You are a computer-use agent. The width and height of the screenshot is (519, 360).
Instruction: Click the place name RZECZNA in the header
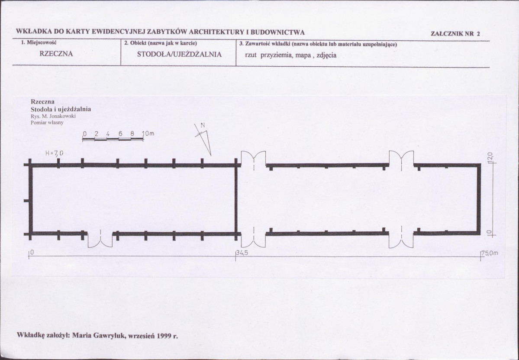pos(56,54)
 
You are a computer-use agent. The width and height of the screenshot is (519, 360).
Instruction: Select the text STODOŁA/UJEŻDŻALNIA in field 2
pos(179,54)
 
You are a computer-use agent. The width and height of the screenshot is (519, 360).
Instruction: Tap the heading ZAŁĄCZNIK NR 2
pos(455,33)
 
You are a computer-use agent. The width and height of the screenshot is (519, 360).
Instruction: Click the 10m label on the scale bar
pos(148,134)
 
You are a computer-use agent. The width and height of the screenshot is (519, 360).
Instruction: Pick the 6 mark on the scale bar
pos(120,134)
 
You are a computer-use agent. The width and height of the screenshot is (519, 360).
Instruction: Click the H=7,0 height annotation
pos(54,153)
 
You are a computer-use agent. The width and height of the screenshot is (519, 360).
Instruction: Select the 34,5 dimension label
pos(242,253)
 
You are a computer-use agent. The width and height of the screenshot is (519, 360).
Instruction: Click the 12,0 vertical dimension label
pos(490,157)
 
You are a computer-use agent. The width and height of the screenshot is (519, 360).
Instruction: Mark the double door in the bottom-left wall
pos(100,240)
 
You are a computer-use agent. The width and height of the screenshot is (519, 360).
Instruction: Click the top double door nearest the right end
pos(401,158)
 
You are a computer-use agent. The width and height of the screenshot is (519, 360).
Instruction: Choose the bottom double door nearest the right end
pos(401,240)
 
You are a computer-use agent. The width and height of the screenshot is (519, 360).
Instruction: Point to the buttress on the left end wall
pos(26,201)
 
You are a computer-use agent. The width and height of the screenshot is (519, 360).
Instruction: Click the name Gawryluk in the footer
pos(110,335)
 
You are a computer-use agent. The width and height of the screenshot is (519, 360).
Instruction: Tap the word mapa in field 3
pos(303,55)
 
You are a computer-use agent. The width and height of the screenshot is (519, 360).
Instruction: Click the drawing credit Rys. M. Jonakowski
pos(53,116)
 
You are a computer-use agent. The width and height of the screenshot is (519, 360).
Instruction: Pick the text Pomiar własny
pos(47,123)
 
